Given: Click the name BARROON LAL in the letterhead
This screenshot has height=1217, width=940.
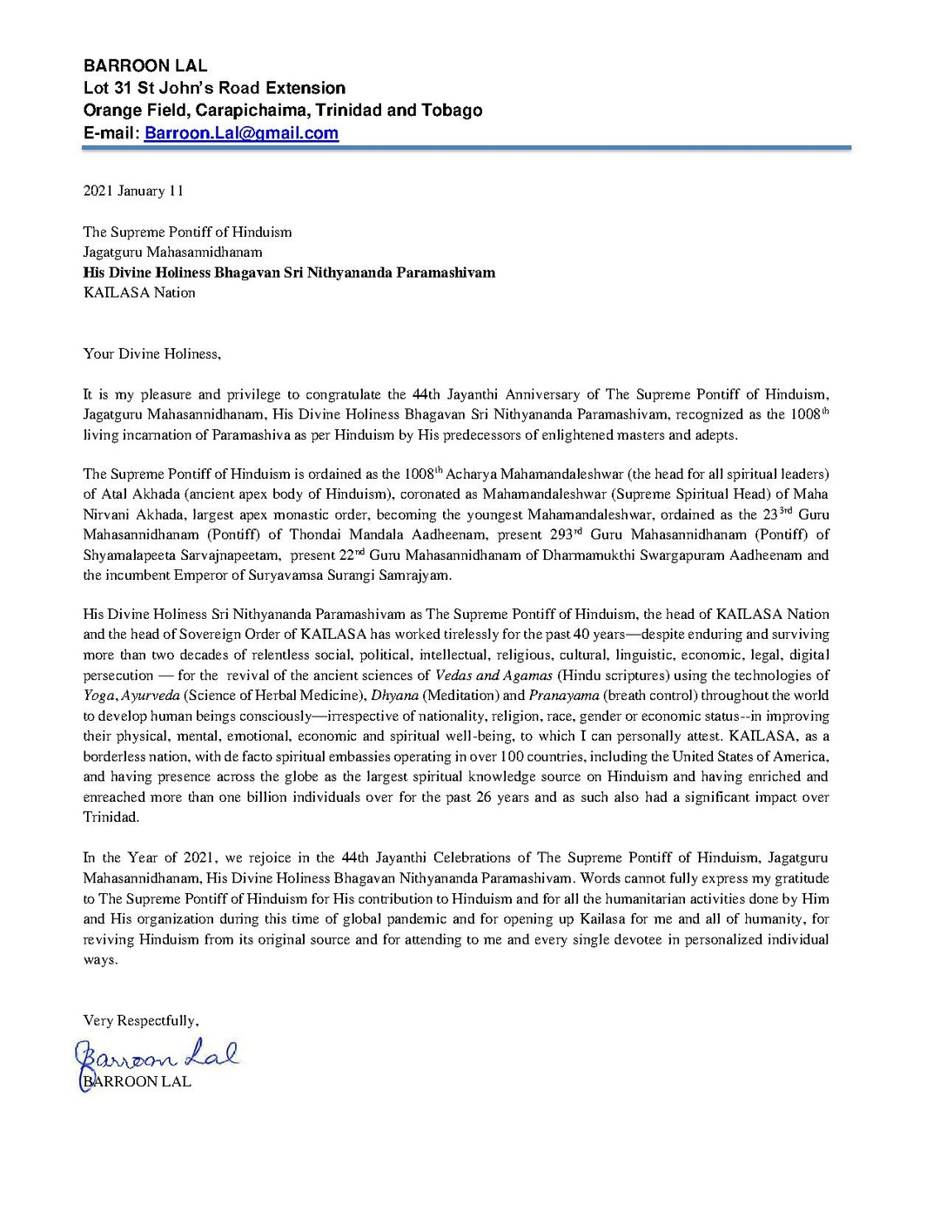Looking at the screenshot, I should [x=145, y=65].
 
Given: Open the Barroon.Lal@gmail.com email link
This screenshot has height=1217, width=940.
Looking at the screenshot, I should [x=241, y=133].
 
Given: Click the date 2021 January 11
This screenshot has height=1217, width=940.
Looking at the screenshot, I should [x=133, y=191].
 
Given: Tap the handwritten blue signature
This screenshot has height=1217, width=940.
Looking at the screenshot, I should [x=157, y=1057].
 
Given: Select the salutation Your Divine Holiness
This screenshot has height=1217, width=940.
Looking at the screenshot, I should [x=151, y=353].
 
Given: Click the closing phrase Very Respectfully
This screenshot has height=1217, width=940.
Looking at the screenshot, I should [x=140, y=1020].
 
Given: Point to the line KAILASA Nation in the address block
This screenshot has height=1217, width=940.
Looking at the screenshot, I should [x=139, y=292].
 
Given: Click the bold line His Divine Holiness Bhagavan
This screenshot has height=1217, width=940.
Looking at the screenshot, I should [x=289, y=272].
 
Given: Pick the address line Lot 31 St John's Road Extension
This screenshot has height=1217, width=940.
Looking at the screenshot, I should [x=214, y=88].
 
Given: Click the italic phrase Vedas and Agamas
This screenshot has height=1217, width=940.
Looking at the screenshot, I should [x=493, y=676].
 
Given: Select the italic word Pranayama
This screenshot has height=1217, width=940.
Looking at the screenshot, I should [x=564, y=696].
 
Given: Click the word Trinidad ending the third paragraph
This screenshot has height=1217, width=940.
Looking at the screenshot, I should [x=111, y=817].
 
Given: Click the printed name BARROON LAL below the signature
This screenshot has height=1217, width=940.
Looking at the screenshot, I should [x=138, y=1082].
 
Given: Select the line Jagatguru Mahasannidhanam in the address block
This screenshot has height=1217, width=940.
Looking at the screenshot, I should [x=172, y=252].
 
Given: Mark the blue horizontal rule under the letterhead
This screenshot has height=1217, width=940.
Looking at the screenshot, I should [x=467, y=149].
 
